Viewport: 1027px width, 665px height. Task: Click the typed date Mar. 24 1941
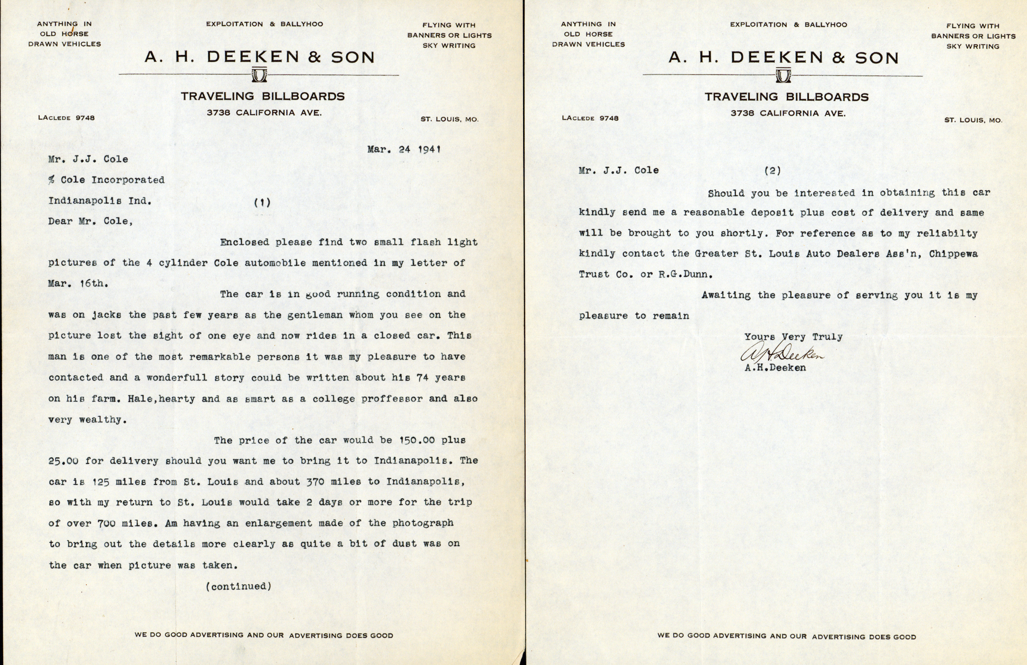tap(403, 150)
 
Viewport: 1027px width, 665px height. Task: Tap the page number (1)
tap(262, 202)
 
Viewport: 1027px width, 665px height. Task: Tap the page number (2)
tap(772, 170)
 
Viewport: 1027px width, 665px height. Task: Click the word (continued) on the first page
tap(239, 586)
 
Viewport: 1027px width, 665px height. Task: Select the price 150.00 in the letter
tap(417, 440)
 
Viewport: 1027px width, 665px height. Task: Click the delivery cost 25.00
tap(63, 461)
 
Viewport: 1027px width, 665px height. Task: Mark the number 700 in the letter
tap(106, 524)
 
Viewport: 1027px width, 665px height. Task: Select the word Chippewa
tap(953, 254)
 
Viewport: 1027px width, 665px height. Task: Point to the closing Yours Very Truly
tap(793, 337)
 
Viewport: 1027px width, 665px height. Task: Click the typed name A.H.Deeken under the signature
tap(775, 368)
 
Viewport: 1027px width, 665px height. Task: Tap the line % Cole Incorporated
tap(106, 180)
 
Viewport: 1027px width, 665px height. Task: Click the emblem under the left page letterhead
tap(259, 75)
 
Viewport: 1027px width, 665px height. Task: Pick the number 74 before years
tap(422, 378)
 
